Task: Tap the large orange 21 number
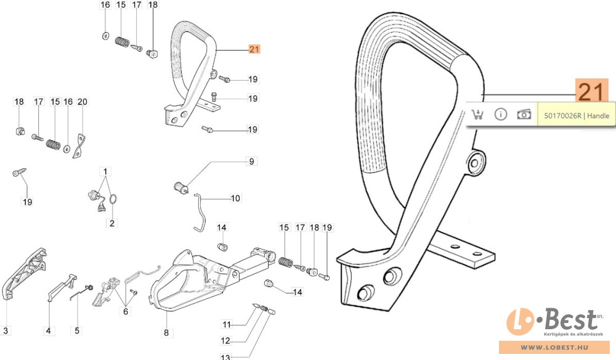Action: point(591,91)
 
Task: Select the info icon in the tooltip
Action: point(500,115)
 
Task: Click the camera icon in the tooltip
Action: point(524,115)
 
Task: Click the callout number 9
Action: point(251,162)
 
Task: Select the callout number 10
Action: point(235,198)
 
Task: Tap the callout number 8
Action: point(165,333)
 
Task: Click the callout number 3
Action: point(6,331)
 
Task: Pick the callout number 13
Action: point(226,357)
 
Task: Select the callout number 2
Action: point(112,223)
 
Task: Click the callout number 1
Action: point(105,171)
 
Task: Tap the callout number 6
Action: point(126,311)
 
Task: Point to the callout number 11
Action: point(226,324)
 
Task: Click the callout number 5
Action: point(77,331)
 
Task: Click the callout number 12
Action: point(226,341)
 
